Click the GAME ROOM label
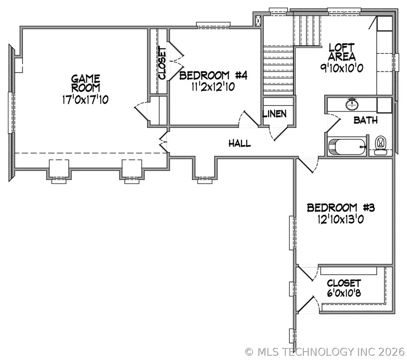tap(85, 83)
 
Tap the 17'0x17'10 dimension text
tap(85, 100)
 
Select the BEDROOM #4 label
tap(213, 75)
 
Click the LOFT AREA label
tap(342, 51)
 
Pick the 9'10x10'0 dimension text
tap(342, 68)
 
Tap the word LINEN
tap(274, 113)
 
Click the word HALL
tap(240, 144)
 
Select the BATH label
tap(365, 121)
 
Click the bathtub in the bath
tap(346, 147)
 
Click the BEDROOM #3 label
tap(341, 208)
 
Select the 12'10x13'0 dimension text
tap(341, 220)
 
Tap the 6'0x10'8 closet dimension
tap(344, 294)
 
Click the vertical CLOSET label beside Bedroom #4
tap(162, 63)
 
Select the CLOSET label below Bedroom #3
tap(344, 283)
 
